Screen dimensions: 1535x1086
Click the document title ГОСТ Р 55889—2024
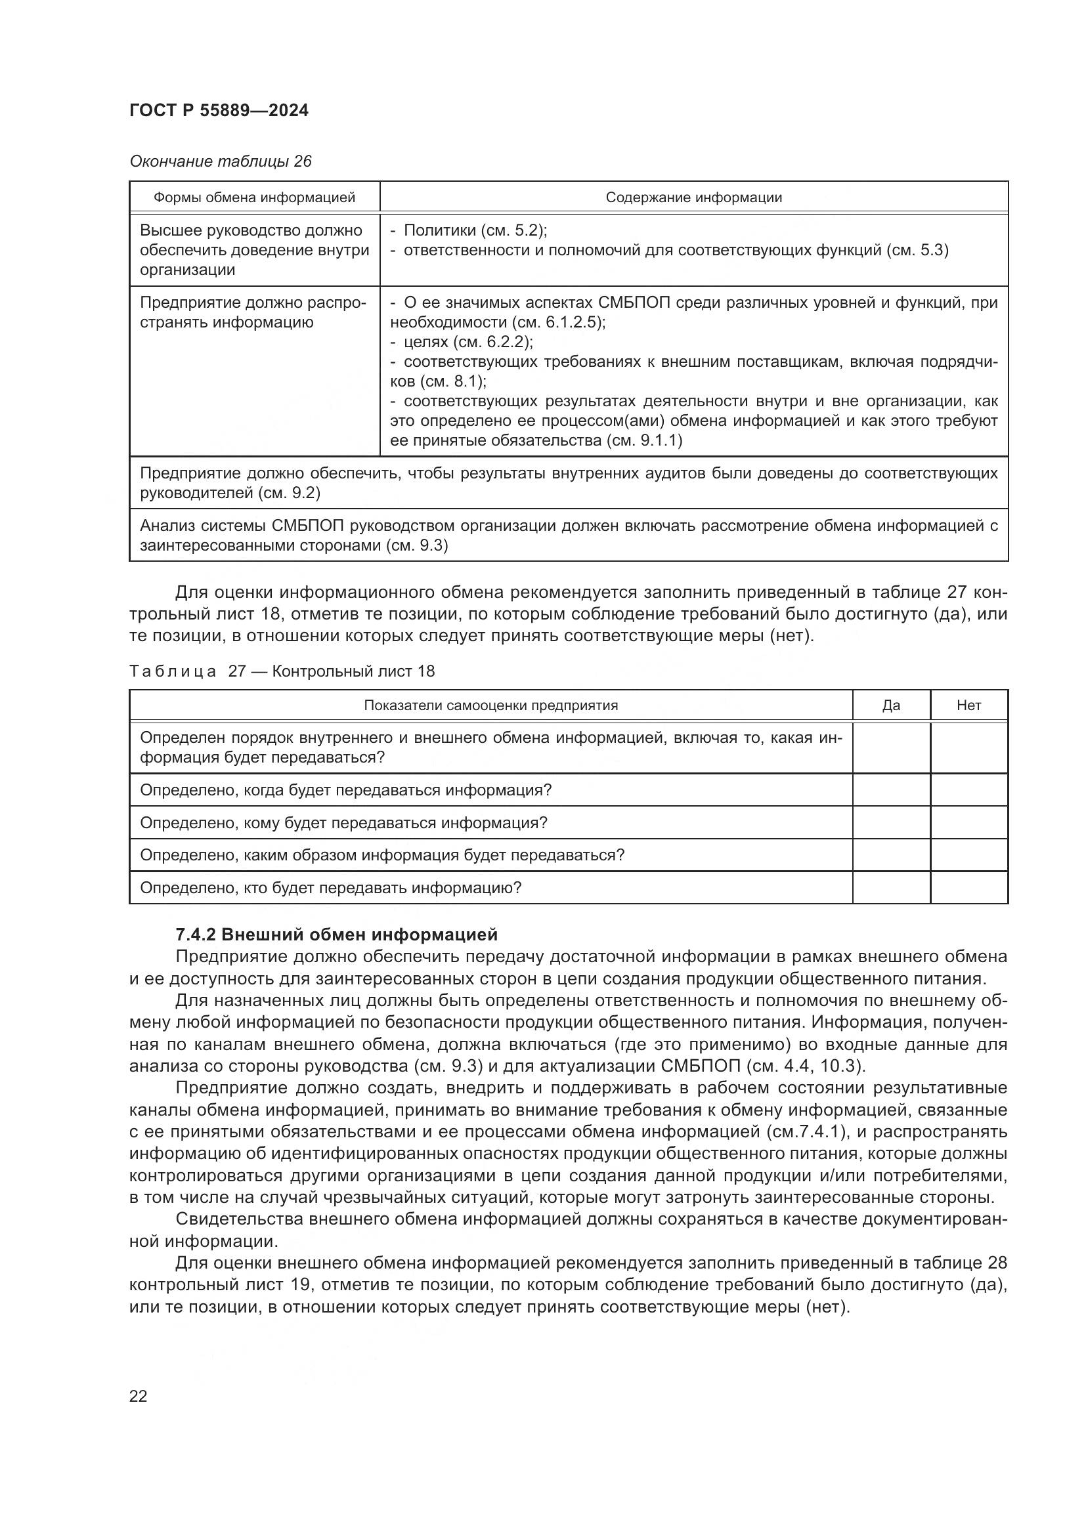pos(219,110)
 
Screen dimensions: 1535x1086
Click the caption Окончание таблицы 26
pos(221,162)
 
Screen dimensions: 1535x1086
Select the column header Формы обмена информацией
pos(254,198)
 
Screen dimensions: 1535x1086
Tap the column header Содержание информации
pos(693,198)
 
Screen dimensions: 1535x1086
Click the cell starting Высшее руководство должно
pos(254,250)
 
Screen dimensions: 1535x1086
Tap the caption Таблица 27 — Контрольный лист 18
pos(282,671)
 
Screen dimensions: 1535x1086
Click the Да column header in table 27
pos(891,705)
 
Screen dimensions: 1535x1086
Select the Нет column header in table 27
pos(968,705)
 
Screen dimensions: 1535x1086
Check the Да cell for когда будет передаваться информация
pos(891,790)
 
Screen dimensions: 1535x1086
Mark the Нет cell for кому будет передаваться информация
pos(968,823)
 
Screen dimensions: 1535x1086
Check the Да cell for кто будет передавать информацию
pos(891,888)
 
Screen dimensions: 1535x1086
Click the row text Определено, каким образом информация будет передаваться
pos(382,855)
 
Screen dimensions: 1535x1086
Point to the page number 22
pos(139,1396)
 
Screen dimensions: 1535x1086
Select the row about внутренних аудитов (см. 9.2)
pos(569,483)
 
